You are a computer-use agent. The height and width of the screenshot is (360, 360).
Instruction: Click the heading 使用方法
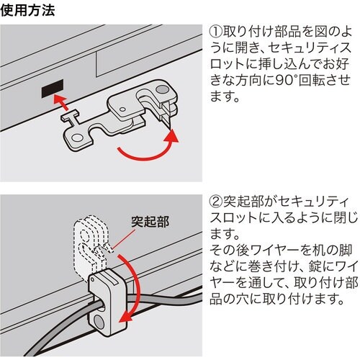coord(27,12)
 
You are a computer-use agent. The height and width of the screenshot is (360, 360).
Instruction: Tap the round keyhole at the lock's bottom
coord(98,317)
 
